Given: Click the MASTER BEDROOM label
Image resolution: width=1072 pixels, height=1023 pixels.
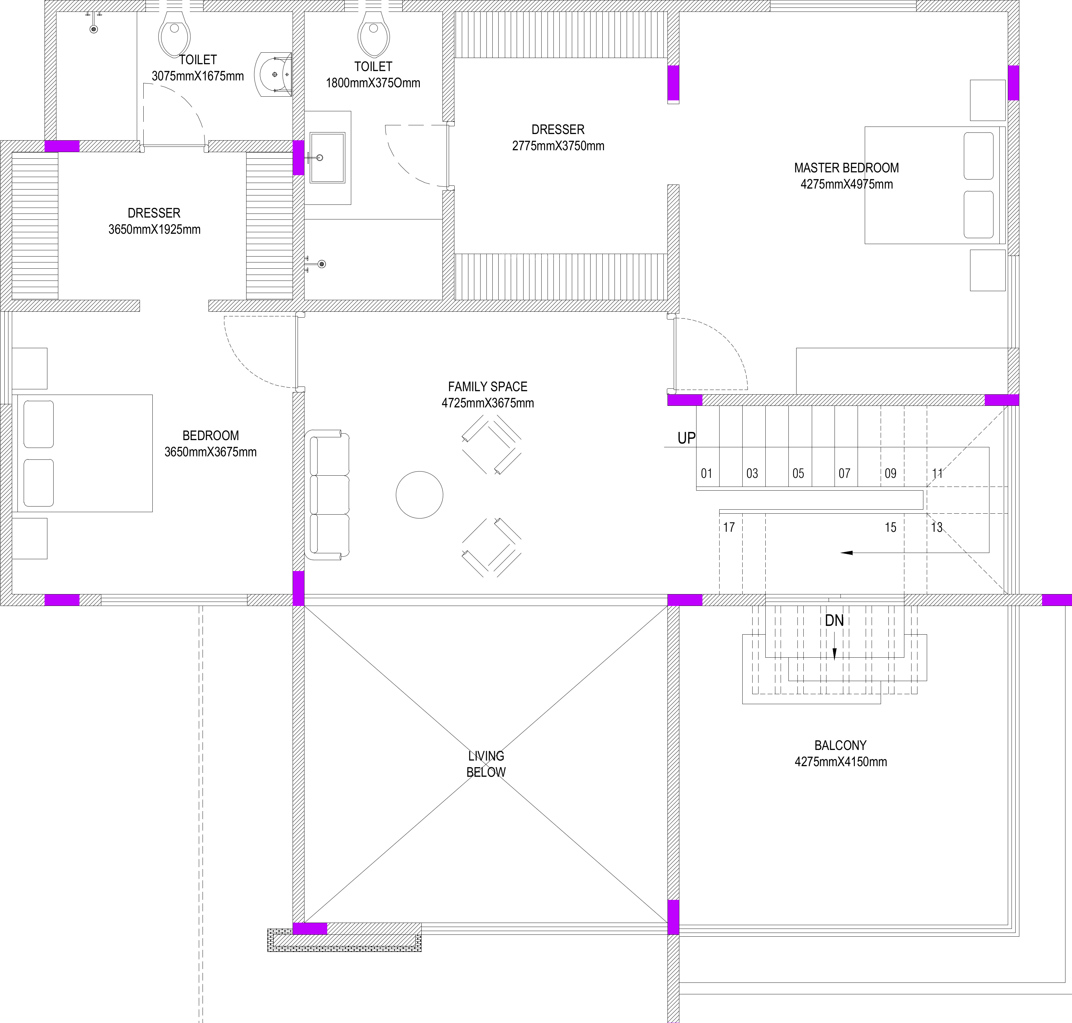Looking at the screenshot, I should click(846, 168).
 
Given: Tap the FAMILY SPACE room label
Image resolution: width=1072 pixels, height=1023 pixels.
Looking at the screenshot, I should click(487, 387).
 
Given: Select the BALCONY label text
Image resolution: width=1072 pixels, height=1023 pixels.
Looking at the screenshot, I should click(840, 746).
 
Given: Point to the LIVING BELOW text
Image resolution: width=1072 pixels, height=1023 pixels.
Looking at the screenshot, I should click(486, 764).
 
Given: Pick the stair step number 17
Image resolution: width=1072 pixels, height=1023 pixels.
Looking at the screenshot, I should click(729, 527).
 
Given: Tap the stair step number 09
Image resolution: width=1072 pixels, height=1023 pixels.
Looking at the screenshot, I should click(890, 473).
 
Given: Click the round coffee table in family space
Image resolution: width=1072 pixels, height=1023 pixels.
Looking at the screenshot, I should click(419, 495).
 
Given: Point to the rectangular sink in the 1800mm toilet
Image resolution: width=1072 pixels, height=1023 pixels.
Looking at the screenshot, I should click(327, 158).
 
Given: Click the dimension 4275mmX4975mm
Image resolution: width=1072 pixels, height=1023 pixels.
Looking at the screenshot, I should click(846, 184).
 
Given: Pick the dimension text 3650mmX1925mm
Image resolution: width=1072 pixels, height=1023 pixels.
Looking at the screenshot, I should click(154, 230).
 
